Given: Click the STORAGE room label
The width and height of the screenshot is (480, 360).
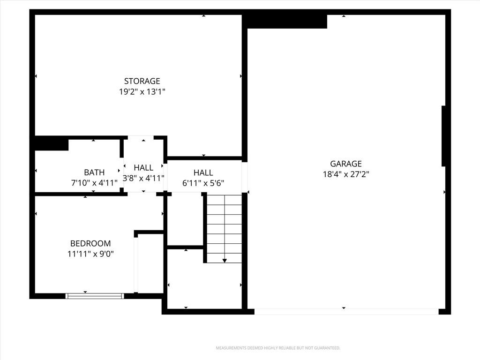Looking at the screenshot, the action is click(x=142, y=81).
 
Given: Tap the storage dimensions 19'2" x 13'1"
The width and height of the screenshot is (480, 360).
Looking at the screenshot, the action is click(x=142, y=91).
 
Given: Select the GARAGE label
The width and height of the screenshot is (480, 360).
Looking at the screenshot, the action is click(x=346, y=164).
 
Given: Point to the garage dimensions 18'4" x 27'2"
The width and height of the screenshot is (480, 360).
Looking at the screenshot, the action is click(x=346, y=174).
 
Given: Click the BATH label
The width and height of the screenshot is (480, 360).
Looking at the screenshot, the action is click(x=94, y=172).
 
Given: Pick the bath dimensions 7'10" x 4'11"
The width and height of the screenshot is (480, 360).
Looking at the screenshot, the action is click(x=94, y=183).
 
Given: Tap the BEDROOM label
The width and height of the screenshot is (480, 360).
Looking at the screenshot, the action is click(x=90, y=243).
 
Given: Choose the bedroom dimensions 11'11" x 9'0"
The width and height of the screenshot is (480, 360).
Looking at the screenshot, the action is click(x=90, y=254).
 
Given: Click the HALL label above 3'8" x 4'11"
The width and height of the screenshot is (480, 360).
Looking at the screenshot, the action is click(x=143, y=168).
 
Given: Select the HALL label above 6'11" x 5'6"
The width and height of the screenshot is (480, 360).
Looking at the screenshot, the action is click(x=203, y=172).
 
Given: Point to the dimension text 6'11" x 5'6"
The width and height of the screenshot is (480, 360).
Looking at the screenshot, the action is click(x=203, y=183).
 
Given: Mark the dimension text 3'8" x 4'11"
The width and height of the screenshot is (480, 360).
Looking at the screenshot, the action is click(x=143, y=178).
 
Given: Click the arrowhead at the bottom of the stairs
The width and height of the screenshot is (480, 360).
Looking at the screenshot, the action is click(x=225, y=261).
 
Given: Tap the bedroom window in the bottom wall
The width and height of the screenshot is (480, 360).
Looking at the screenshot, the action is click(x=95, y=296).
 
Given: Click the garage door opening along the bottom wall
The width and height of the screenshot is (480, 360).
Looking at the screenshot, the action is click(x=346, y=312).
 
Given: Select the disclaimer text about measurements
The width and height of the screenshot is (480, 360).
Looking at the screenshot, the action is click(x=278, y=348).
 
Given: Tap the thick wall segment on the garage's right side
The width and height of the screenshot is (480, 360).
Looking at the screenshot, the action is click(x=443, y=136).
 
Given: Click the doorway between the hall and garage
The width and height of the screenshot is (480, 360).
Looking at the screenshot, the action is click(x=245, y=177).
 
